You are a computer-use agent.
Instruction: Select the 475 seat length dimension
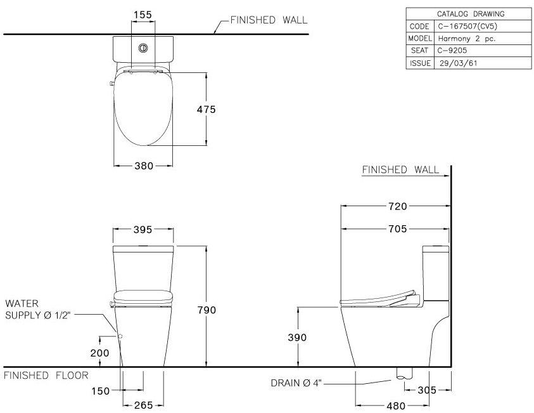[x=206, y=110]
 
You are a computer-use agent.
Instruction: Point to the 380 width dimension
[x=143, y=166]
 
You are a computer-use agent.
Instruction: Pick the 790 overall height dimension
[x=207, y=310]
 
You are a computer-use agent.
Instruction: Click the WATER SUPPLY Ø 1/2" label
[x=37, y=310]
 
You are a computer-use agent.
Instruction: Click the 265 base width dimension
[x=143, y=405]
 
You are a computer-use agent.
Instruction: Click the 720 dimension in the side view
[x=397, y=206]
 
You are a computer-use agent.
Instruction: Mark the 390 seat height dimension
[x=296, y=338]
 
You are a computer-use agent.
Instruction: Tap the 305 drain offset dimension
[x=428, y=390]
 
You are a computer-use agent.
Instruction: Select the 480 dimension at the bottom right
[x=397, y=405]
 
